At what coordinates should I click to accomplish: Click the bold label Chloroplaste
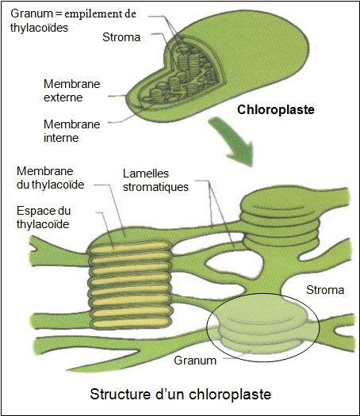pyautogui.click(x=276, y=110)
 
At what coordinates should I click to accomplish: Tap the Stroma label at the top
pyautogui.click(x=121, y=37)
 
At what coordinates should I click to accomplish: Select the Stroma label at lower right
pyautogui.click(x=325, y=290)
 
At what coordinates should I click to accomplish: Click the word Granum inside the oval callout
pyautogui.click(x=195, y=361)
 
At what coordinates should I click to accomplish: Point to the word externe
pyautogui.click(x=63, y=97)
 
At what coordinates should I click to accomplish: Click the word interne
pyautogui.click(x=61, y=138)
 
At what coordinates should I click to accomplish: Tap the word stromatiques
pyautogui.click(x=155, y=187)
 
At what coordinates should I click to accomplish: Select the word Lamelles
pyautogui.click(x=146, y=174)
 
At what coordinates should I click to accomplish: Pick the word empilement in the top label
pyautogui.click(x=94, y=13)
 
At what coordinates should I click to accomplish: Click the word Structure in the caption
pyautogui.click(x=120, y=395)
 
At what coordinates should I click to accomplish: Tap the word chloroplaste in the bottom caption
pyautogui.click(x=230, y=395)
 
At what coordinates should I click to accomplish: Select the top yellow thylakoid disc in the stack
pyautogui.click(x=130, y=247)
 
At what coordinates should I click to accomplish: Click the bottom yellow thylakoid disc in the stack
pyautogui.click(x=130, y=322)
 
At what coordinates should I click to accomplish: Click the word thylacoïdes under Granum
pyautogui.click(x=39, y=28)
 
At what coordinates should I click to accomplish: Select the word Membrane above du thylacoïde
pyautogui.click(x=45, y=171)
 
